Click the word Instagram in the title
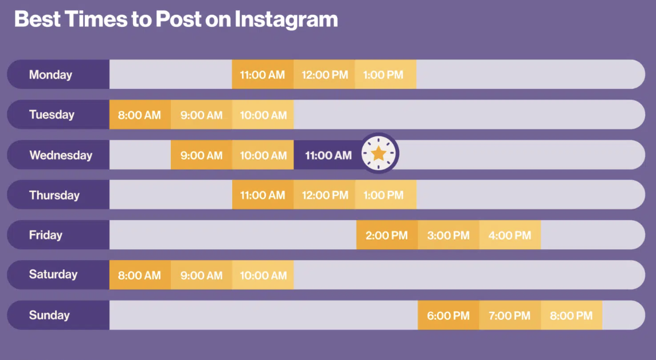click(286, 19)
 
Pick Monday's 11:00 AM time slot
click(263, 75)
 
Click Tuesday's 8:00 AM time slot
click(140, 115)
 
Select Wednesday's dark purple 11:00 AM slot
click(329, 155)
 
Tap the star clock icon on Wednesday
click(378, 154)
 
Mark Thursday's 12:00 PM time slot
click(324, 195)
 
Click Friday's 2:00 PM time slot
click(387, 235)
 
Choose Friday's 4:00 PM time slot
click(510, 235)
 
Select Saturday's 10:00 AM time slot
click(263, 275)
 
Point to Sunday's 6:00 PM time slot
click(448, 315)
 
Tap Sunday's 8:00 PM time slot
click(572, 315)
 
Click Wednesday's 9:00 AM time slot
click(201, 155)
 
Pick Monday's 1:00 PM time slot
click(386, 75)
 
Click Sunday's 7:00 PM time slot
click(510, 315)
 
